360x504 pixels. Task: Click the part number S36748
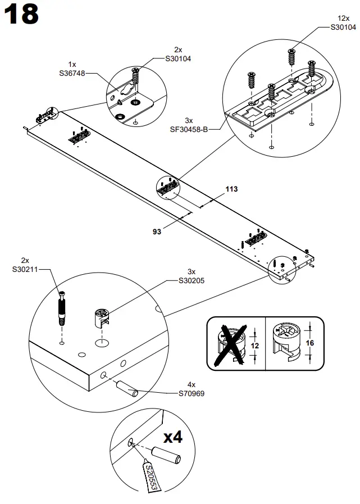point(72,72)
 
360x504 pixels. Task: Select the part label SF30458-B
point(189,129)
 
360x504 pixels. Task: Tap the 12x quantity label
point(343,19)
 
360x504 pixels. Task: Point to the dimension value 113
point(232,189)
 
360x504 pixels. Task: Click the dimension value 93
point(157,231)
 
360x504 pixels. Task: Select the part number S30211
point(25,269)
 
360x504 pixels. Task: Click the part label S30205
point(191,280)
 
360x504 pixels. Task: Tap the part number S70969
point(191,393)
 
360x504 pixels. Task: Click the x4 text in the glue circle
point(175,437)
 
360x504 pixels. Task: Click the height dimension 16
point(309,343)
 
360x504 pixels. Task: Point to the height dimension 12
point(254,346)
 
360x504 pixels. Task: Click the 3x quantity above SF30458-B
point(189,121)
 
